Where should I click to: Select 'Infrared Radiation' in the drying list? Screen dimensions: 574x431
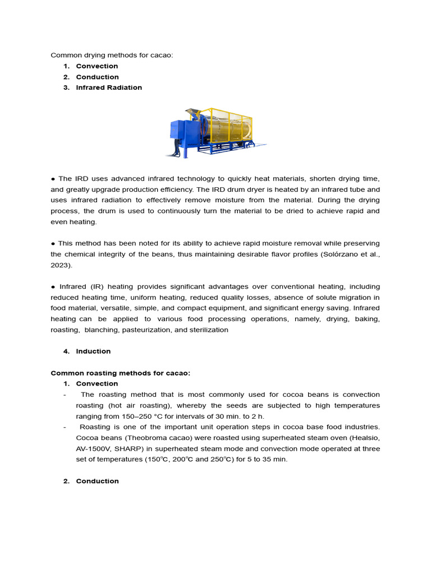coord(109,87)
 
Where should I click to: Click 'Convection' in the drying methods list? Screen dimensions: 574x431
coord(97,66)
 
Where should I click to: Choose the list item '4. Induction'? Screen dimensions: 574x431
coord(93,351)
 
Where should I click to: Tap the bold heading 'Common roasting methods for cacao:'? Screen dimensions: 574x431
coord(121,373)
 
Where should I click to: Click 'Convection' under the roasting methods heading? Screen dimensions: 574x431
coord(97,384)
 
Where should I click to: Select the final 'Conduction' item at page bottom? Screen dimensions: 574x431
coord(97,482)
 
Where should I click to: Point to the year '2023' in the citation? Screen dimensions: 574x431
coord(61,265)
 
